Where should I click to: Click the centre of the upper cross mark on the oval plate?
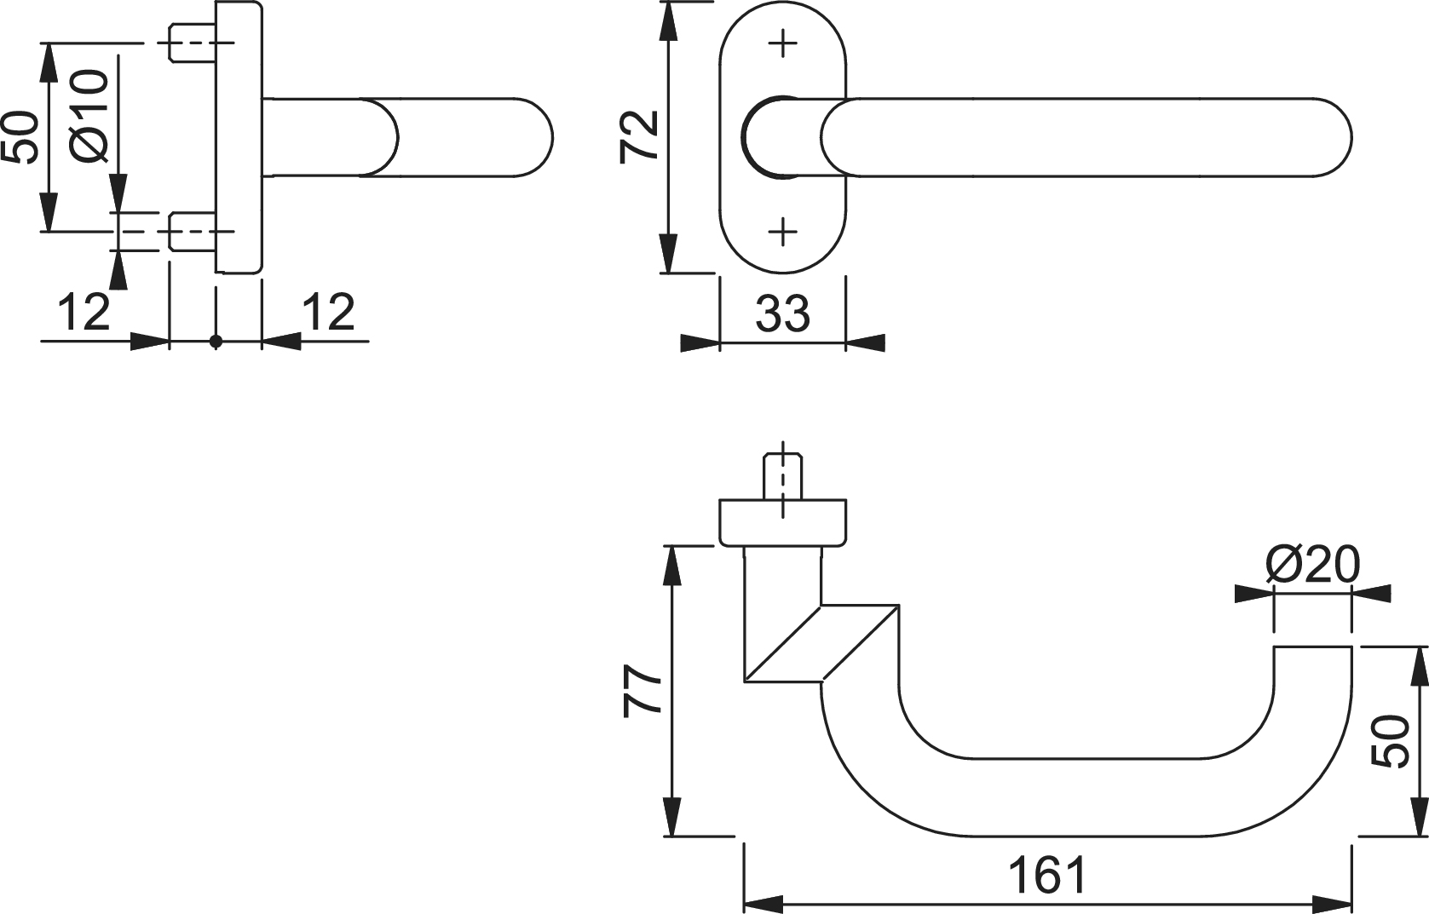click(x=783, y=44)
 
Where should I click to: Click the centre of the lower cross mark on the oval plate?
click(x=783, y=232)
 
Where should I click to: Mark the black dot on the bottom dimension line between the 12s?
click(x=216, y=342)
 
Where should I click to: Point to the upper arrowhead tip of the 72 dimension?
click(x=668, y=3)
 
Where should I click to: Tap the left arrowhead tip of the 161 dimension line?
click(x=745, y=905)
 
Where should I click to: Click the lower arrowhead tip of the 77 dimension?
click(x=672, y=854)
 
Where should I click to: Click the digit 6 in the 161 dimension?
click(x=1048, y=876)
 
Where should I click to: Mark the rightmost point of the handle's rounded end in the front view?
click(x=1351, y=138)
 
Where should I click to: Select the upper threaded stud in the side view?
click(x=192, y=43)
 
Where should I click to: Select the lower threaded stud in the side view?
click(x=192, y=232)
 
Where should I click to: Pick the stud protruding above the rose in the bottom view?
click(x=783, y=476)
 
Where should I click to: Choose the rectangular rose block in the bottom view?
click(x=783, y=522)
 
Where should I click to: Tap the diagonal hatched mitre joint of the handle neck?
click(x=821, y=643)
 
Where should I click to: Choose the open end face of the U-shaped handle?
click(x=1312, y=647)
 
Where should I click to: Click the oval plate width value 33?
click(x=783, y=313)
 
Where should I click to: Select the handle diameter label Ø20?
click(x=1312, y=565)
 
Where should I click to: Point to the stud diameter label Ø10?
click(x=89, y=116)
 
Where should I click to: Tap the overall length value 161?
click(x=1047, y=876)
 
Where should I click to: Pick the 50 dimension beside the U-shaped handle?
click(x=1390, y=740)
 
